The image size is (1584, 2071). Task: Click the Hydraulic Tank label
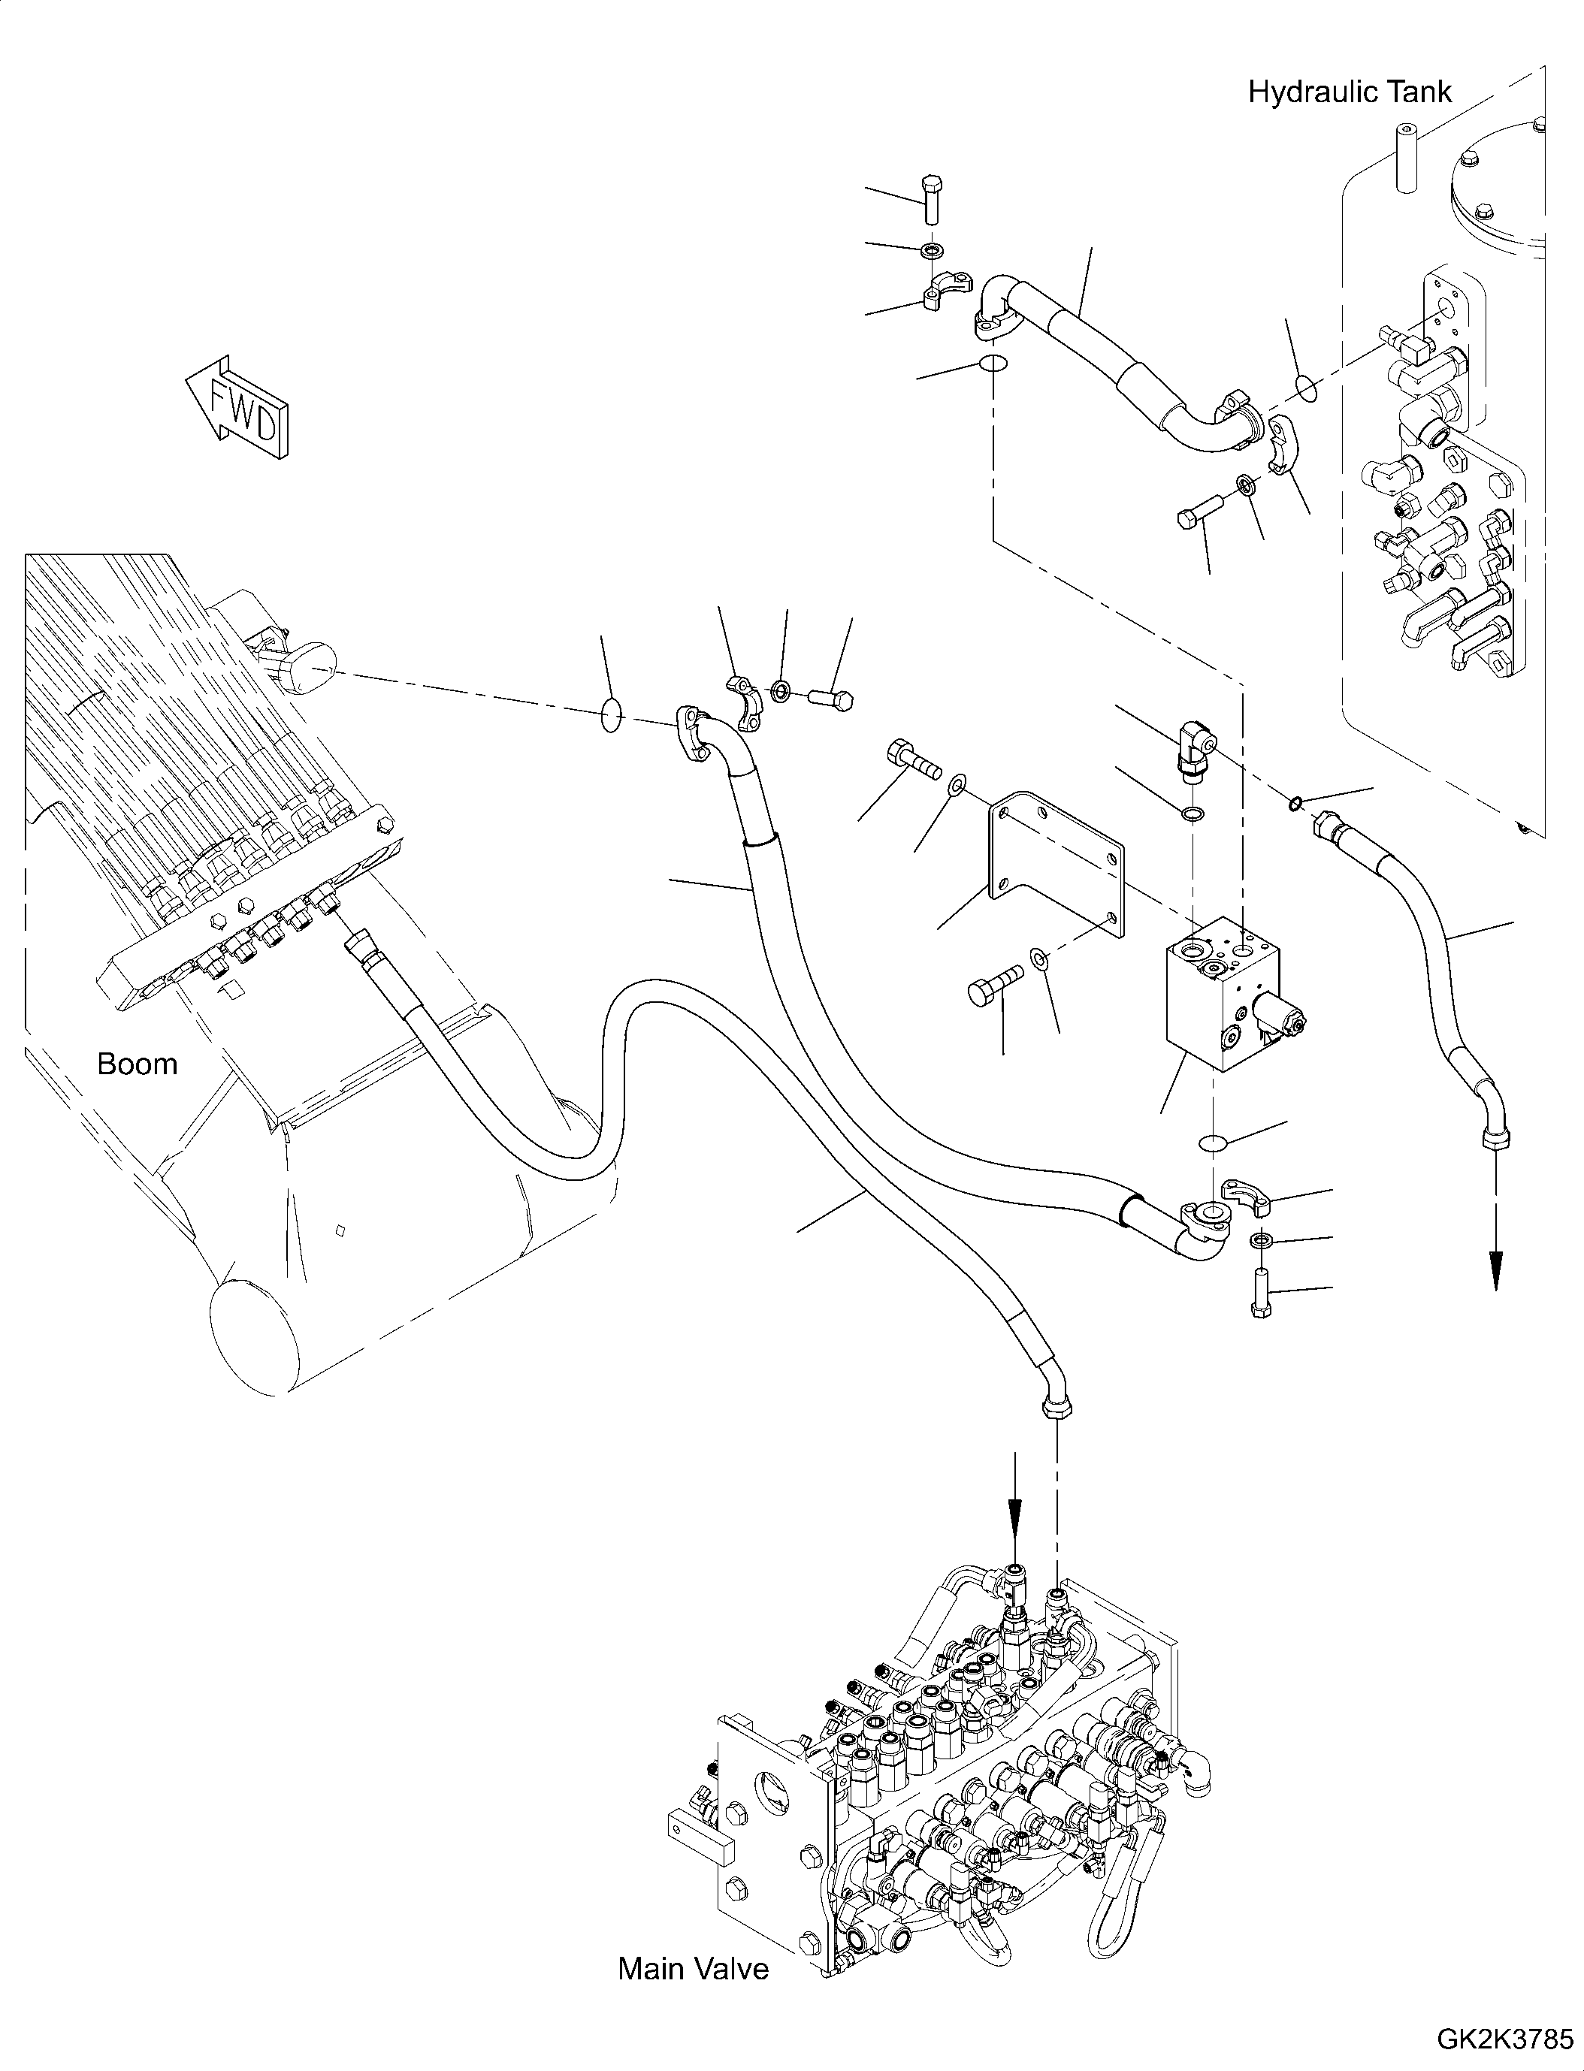point(1350,92)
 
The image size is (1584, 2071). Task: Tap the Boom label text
point(138,1064)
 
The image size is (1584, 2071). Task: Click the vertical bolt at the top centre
point(930,198)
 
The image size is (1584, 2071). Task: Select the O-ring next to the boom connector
point(611,714)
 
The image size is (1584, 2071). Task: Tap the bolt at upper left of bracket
point(913,759)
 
